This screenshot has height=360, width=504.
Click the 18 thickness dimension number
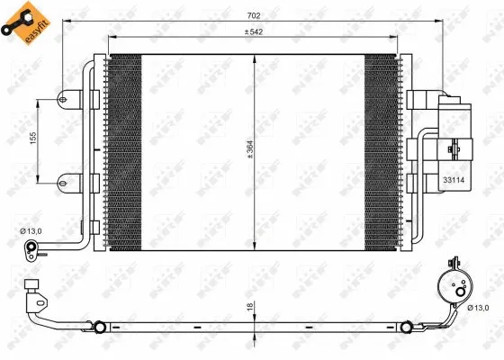point(251,308)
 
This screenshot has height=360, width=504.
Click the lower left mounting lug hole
point(62,181)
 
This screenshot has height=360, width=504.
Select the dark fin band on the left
point(124,151)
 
